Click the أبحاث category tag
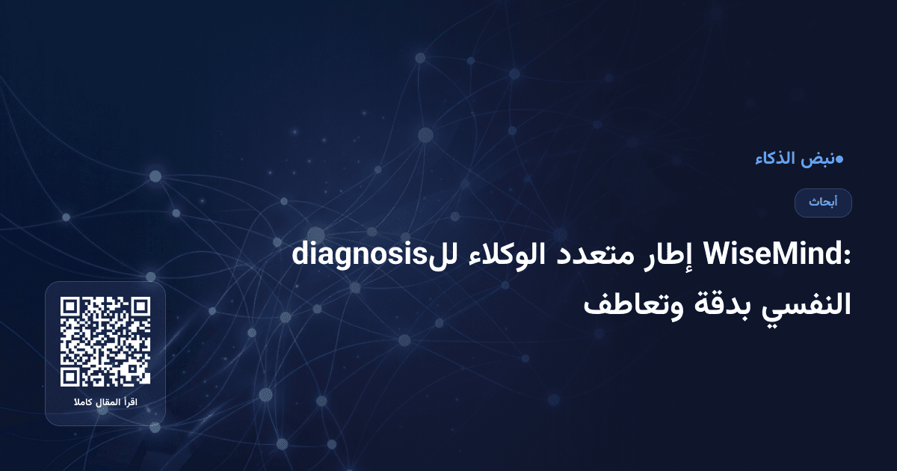tap(823, 203)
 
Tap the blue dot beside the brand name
tap(839, 158)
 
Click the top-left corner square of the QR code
tap(71, 307)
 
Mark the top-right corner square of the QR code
tap(140, 307)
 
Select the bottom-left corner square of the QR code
tap(71, 376)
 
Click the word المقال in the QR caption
tap(107, 404)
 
